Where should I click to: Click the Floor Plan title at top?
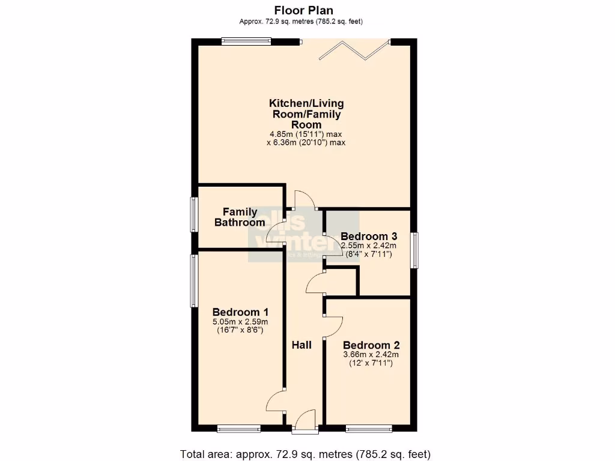pyautogui.click(x=303, y=10)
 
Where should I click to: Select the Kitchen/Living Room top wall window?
pyautogui.click(x=244, y=41)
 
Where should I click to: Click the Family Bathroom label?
pyautogui.click(x=240, y=217)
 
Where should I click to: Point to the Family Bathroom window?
pyautogui.click(x=194, y=214)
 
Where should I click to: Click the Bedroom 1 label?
pyautogui.click(x=240, y=312)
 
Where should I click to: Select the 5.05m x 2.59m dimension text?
pyautogui.click(x=240, y=322)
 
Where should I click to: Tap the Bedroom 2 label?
pyautogui.click(x=371, y=345)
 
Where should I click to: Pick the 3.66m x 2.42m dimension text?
pyautogui.click(x=371, y=355)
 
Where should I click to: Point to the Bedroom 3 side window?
pyautogui.click(x=415, y=250)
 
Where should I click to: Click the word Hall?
pyautogui.click(x=301, y=345)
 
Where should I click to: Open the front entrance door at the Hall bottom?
pyautogui.click(x=305, y=420)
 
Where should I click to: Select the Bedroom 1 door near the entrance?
pyautogui.click(x=276, y=400)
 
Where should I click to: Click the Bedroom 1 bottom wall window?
pyautogui.click(x=238, y=428)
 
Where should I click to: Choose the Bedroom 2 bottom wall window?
pyautogui.click(x=369, y=428)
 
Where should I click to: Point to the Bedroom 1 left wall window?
pyautogui.click(x=194, y=281)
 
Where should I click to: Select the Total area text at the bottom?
pyautogui.click(x=306, y=453)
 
